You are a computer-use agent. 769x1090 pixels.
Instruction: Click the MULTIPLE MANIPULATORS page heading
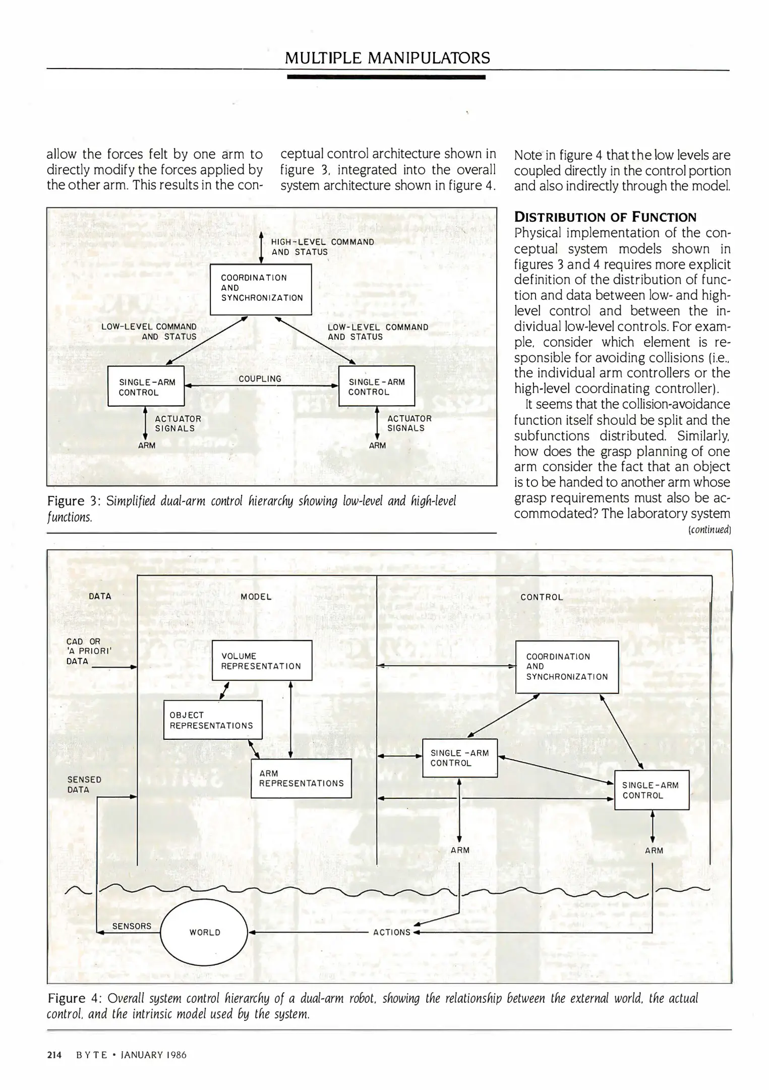coord(387,58)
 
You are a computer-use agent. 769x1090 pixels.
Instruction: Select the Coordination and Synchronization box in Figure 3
coord(261,289)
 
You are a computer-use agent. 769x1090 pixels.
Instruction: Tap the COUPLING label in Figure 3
coord(260,378)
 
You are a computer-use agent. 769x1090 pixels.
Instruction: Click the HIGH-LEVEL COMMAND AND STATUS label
coord(322,247)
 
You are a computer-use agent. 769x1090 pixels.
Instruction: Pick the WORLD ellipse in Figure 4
coord(204,932)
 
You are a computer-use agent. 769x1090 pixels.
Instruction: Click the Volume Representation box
coord(261,661)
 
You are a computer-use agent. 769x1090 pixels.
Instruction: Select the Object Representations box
coord(212,720)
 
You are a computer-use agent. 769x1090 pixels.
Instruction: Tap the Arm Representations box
coord(301,778)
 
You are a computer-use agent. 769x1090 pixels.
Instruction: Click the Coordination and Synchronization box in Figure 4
coord(567,667)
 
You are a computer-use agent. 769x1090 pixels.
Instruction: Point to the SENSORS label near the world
coord(132,926)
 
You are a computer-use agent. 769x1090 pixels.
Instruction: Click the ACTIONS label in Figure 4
coord(392,932)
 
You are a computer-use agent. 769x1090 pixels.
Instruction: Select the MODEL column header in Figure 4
coord(256,596)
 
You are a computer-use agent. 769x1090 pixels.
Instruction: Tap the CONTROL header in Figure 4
coord(542,597)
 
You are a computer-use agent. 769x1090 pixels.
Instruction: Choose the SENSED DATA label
coord(84,785)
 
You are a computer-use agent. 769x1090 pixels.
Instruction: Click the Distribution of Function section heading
coord(605,217)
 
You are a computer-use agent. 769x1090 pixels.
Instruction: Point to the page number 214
coord(54,1055)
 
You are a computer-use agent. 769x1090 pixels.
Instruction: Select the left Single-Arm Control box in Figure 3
coord(146,387)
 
